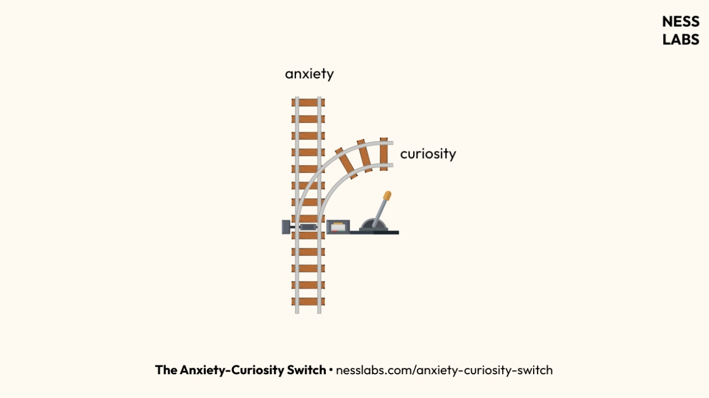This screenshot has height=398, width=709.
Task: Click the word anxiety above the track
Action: coord(309,74)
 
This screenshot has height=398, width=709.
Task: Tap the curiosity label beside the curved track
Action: coord(428,154)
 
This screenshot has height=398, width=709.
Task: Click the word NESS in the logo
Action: coord(680,22)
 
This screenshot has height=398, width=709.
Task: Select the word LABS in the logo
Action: coord(680,40)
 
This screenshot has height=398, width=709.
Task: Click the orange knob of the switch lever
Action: coord(387,196)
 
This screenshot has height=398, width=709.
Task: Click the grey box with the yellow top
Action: coord(337,227)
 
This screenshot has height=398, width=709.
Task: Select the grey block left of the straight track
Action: coord(286,227)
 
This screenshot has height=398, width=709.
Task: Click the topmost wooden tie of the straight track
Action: coord(308,102)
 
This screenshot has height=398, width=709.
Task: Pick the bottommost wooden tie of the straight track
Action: coord(308,302)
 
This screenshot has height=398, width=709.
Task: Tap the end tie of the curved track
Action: coord(383,154)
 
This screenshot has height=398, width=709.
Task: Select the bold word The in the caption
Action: coord(166,370)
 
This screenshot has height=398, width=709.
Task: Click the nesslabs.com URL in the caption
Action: coord(444,370)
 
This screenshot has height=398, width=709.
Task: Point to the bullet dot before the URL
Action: coord(331,370)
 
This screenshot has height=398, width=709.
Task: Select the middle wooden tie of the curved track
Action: coord(364,155)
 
